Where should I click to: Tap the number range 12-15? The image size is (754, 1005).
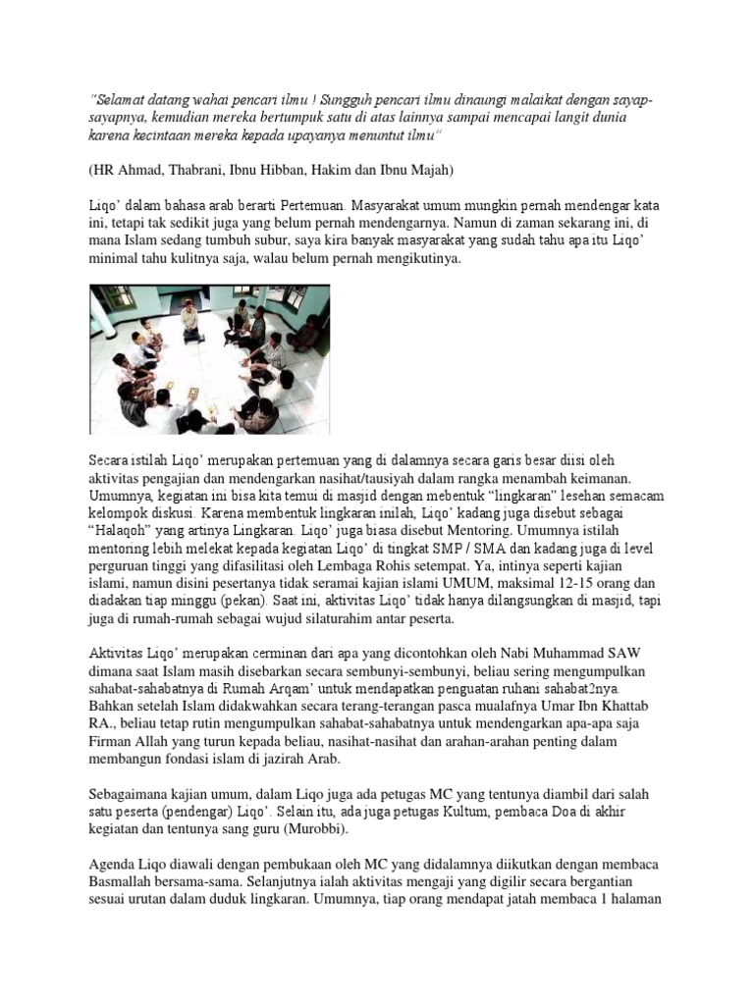tap(553, 584)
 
